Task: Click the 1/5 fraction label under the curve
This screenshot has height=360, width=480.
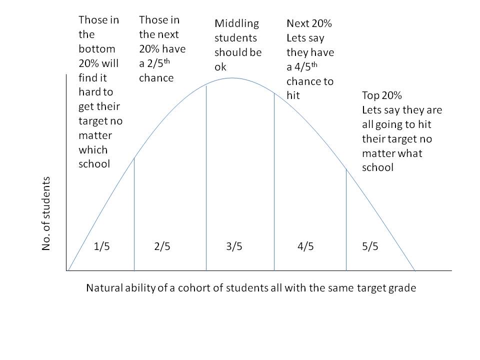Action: tap(101, 247)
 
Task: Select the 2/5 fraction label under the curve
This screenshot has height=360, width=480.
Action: tap(162, 247)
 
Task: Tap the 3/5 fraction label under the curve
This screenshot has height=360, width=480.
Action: tap(234, 247)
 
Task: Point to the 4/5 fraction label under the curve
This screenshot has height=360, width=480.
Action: tap(305, 247)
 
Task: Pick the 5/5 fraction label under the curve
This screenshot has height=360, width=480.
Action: tap(370, 247)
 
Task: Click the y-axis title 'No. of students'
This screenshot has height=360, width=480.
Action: tap(46, 214)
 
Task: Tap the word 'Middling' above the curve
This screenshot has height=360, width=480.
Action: tap(236, 23)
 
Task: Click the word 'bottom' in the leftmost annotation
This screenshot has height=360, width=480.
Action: tap(97, 49)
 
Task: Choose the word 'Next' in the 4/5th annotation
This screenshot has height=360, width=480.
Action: tap(298, 23)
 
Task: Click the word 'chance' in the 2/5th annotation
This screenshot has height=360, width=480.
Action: tap(156, 78)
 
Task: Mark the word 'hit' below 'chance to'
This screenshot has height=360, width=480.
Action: tap(293, 95)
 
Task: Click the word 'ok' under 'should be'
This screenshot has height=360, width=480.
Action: tap(220, 67)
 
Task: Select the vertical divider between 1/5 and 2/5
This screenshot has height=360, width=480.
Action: tap(134, 215)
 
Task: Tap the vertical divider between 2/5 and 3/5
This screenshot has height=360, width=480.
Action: tap(206, 180)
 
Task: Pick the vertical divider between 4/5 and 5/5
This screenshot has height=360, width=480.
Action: tap(346, 220)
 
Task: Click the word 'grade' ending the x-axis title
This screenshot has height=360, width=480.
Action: tap(402, 288)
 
